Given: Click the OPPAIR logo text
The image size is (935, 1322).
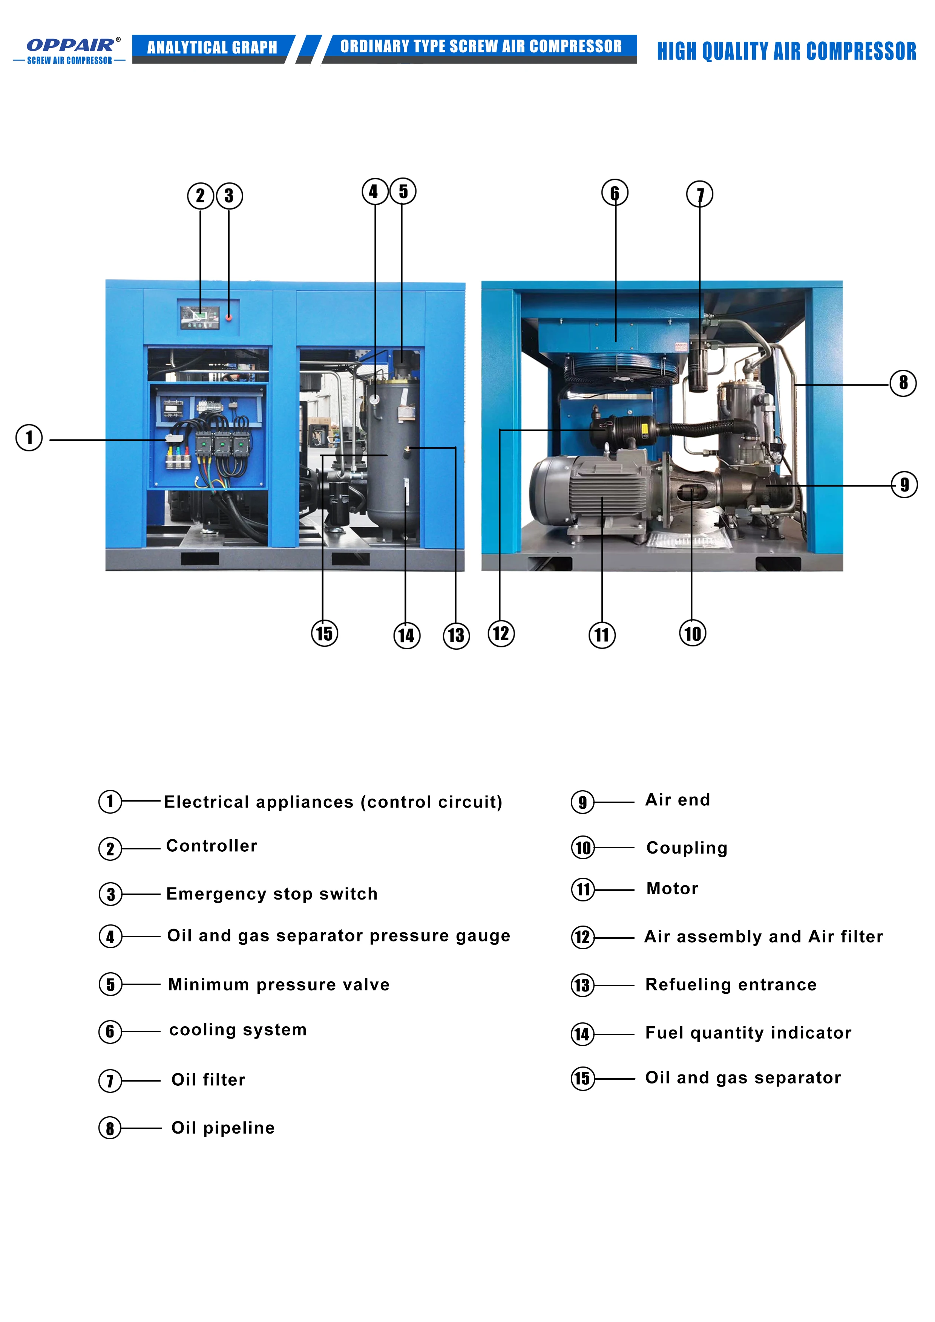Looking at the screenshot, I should tap(70, 45).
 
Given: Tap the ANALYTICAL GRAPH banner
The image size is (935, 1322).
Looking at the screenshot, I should tap(212, 47).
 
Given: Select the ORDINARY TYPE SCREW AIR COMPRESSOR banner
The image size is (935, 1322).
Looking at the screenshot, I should tap(480, 47).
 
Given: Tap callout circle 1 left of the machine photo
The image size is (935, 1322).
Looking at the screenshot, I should tap(29, 438).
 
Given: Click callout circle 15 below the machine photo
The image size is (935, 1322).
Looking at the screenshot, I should tap(324, 633).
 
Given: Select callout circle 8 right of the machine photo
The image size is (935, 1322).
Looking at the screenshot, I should tap(903, 383).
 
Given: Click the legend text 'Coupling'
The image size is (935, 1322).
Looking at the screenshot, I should tap(687, 848).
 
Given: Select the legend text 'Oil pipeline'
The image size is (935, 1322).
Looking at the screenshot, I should tap(223, 1128).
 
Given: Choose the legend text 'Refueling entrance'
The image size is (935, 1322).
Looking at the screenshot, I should tap(731, 985).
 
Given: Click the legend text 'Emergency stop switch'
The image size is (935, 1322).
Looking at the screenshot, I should tap(271, 894).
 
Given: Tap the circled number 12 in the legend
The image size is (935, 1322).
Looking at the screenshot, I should tap(582, 937).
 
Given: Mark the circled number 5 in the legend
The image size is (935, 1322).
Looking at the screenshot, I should tap(110, 984).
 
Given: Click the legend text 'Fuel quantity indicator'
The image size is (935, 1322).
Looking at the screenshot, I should tap(748, 1032).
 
